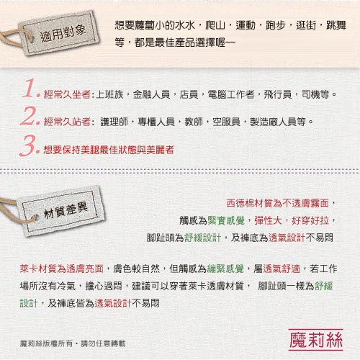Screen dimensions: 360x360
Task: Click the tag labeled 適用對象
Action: (x=60, y=34)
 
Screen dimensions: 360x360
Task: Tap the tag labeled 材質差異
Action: (x=63, y=211)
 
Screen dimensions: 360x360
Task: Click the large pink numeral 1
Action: (x=30, y=89)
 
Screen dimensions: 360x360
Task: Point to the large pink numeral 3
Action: (x=28, y=145)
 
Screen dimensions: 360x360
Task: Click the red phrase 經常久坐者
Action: (x=67, y=94)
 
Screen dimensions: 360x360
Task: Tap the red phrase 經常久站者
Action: (x=67, y=122)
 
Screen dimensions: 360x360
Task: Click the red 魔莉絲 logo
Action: (x=315, y=340)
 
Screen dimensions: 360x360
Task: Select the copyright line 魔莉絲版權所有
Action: (x=46, y=343)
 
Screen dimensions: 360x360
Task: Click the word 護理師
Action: (x=114, y=122)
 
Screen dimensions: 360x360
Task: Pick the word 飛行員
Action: (x=278, y=94)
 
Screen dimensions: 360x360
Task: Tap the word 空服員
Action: (x=226, y=122)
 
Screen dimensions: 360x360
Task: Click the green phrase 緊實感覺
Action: (x=226, y=220)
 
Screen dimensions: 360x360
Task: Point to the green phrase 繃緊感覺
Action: (x=225, y=269)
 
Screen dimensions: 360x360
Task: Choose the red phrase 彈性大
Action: (x=268, y=220)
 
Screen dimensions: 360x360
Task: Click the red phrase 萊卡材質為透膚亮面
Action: (x=62, y=269)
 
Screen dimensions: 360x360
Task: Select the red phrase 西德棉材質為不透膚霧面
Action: (x=278, y=203)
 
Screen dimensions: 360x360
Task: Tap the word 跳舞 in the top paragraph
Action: (x=336, y=25)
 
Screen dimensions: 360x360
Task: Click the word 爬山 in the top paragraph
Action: (x=215, y=25)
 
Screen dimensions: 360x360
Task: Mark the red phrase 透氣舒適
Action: (x=282, y=269)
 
